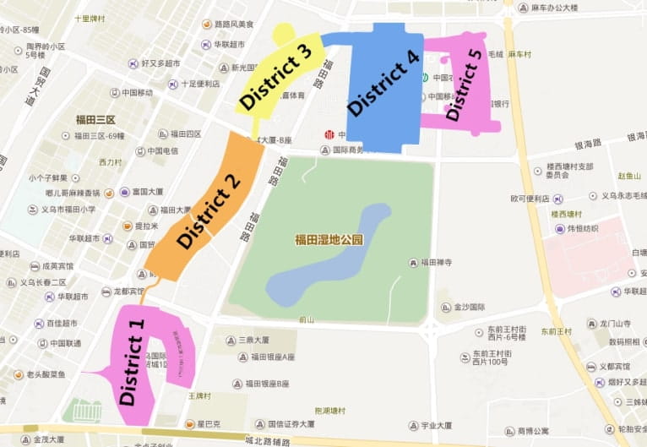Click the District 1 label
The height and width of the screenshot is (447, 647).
pos(133,357)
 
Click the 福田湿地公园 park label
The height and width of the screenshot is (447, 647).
pos(329,240)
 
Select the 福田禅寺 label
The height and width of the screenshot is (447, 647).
pos(436,262)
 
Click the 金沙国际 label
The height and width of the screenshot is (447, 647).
pos(469,308)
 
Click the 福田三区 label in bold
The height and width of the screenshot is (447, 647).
pos(95,120)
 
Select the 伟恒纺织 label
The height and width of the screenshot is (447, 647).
pos(582,228)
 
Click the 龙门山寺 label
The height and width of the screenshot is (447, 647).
pos(615,324)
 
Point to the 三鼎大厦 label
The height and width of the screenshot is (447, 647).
pos(253,340)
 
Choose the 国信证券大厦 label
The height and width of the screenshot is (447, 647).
pos(291,424)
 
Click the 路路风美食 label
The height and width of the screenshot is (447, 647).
pos(235,25)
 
